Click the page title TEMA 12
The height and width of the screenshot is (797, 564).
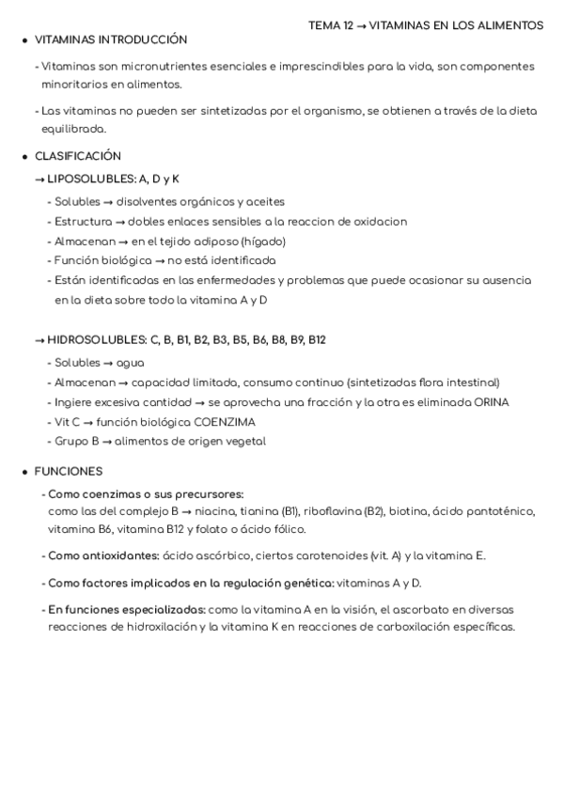pyautogui.click(x=330, y=25)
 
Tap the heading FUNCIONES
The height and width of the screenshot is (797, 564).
pyautogui.click(x=69, y=471)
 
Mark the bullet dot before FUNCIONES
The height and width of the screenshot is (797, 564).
pyautogui.click(x=24, y=471)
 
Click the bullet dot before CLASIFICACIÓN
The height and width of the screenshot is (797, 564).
pyautogui.click(x=24, y=156)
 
